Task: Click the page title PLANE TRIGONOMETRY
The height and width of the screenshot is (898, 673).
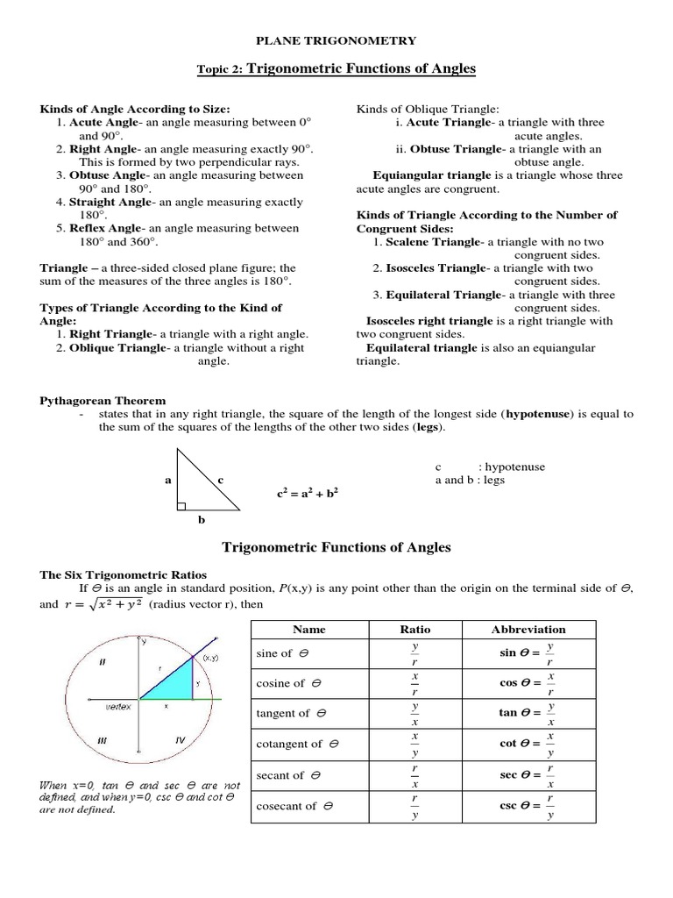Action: (x=336, y=40)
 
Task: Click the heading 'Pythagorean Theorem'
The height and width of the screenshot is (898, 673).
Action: (x=103, y=401)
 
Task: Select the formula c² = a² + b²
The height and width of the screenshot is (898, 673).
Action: (x=307, y=494)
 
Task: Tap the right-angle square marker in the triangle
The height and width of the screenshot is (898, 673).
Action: (x=181, y=506)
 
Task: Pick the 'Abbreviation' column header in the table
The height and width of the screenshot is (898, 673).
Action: (x=528, y=630)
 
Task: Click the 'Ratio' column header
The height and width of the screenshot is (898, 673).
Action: (x=414, y=630)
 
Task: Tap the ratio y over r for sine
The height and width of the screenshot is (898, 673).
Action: (x=415, y=654)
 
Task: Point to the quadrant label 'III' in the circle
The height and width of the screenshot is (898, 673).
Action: (x=103, y=740)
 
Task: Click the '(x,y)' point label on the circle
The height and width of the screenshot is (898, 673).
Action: (x=210, y=657)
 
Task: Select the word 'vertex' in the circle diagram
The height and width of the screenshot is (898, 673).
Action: (x=118, y=706)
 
